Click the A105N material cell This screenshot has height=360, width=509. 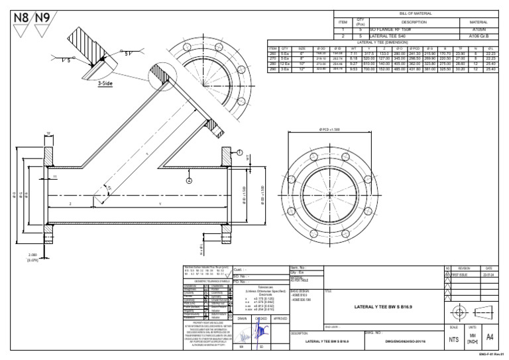pos(479,30)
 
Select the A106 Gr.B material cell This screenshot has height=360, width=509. pos(479,36)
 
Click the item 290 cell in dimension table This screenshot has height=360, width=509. pos(272,68)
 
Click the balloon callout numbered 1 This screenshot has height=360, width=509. pos(239,152)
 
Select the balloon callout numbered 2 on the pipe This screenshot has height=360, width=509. pos(190,180)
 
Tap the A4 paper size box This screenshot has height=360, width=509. pos(490,337)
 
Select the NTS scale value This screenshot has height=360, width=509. pos(453,339)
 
